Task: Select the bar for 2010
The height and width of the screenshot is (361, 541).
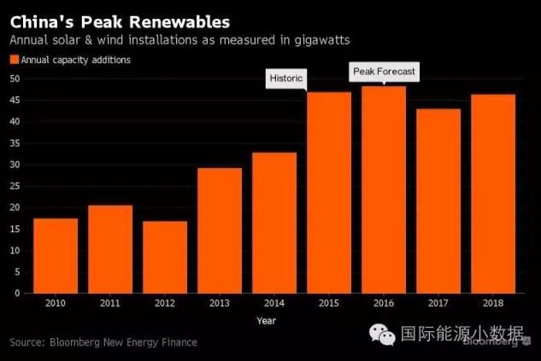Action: pos(56,256)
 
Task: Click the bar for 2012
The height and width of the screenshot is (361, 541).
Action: pos(165,257)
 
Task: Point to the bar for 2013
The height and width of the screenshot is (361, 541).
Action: pos(220,230)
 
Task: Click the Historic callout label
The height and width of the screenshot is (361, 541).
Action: pos(286,79)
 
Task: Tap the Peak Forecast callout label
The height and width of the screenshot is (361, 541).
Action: pos(384,72)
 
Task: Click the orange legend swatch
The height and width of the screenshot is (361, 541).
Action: pos(14,60)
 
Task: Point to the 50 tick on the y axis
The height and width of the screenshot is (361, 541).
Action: pos(15,79)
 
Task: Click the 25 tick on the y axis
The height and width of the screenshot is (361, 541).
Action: pos(15,186)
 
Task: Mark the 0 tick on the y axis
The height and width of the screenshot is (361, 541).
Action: pos(17,294)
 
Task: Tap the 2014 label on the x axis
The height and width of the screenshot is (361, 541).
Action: pos(274,302)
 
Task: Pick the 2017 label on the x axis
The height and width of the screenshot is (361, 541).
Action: pos(438,302)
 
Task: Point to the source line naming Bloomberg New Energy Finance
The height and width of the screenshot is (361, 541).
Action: pos(103,342)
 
